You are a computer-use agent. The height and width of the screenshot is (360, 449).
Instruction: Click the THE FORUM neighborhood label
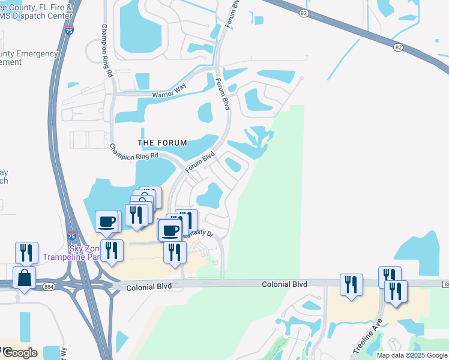(162, 143)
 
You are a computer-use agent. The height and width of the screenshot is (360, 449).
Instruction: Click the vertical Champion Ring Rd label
(107, 52)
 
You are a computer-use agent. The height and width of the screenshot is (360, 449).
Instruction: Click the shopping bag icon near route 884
(24, 278)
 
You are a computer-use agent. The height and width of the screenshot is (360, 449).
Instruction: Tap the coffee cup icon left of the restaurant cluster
(107, 221)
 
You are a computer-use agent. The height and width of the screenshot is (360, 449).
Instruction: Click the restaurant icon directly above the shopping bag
(26, 252)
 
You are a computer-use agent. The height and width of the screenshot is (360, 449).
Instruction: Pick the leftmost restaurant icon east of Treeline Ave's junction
(351, 284)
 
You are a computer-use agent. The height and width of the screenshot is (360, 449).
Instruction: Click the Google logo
(20, 352)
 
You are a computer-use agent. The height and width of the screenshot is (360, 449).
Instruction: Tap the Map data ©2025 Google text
(412, 355)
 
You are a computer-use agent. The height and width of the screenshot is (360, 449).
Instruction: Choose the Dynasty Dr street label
(204, 234)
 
